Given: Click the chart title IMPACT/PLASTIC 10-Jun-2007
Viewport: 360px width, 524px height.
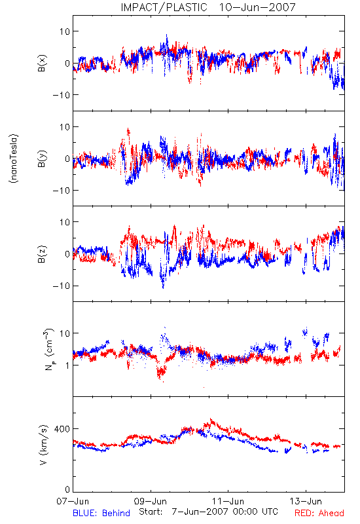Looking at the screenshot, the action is (208, 7).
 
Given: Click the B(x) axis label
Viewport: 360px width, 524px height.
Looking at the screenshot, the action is (42, 63).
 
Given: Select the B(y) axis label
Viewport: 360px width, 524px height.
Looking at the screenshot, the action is (42, 159).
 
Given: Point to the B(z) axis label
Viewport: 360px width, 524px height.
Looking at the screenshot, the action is (42, 254).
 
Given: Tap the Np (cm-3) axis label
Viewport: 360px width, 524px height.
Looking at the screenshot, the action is (48, 349).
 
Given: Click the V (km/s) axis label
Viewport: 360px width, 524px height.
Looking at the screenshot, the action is (43, 445).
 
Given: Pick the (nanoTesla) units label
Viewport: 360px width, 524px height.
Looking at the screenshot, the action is (14, 159).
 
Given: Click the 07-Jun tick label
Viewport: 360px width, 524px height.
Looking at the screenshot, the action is (73, 501).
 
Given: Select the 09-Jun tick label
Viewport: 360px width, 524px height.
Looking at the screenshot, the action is (151, 501).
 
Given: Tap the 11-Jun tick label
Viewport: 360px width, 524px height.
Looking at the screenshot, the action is (228, 501).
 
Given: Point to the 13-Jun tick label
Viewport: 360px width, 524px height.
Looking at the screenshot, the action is (306, 501).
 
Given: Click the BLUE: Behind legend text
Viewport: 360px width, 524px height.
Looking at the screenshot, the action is (101, 513).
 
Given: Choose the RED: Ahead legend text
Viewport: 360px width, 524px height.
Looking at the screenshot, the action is (319, 513).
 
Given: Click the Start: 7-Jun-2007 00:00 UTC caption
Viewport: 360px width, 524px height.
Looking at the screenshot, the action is (208, 512).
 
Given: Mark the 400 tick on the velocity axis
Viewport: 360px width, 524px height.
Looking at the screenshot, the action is (62, 429).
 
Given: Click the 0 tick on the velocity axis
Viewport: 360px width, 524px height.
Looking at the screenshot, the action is (67, 489).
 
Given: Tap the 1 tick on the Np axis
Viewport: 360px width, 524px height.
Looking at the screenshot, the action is (68, 365).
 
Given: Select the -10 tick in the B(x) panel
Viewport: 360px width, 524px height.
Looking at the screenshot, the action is (62, 95).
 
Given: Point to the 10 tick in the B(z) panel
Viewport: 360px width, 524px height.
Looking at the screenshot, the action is (65, 222).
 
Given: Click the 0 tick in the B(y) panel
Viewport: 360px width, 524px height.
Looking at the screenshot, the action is (67, 159).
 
